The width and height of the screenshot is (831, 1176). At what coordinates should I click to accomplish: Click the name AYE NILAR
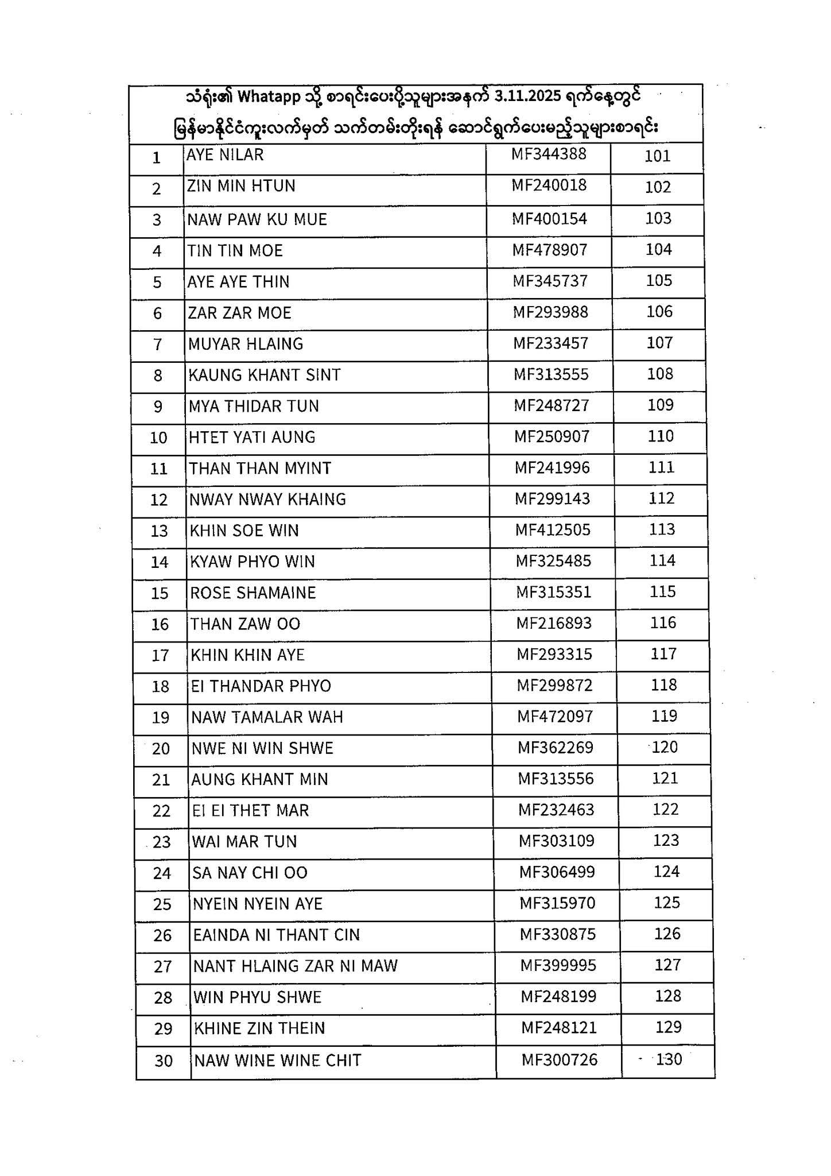coord(225,154)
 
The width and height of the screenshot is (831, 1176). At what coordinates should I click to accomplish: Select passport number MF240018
coord(549,185)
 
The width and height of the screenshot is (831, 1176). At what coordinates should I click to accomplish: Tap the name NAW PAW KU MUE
coord(257,219)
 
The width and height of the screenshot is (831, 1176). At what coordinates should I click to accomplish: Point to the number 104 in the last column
coord(658,249)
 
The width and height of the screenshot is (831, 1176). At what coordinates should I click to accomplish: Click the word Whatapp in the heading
coord(269,96)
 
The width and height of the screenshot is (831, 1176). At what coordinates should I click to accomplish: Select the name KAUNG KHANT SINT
coord(265,375)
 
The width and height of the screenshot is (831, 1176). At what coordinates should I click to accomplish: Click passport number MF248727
coord(552,405)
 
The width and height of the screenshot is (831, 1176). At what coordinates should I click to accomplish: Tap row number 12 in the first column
coord(158,500)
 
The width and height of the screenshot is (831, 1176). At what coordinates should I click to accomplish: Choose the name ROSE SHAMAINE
coord(253,593)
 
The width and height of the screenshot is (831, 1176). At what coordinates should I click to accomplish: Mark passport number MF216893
coord(554,623)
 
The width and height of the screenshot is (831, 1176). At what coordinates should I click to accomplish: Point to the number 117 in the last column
coord(664,654)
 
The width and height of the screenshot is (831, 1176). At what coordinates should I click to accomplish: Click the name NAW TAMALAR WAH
coord(267,717)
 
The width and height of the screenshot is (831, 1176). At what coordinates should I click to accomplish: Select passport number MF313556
coord(556,779)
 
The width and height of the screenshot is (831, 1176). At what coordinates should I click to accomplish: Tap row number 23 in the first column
coord(162,842)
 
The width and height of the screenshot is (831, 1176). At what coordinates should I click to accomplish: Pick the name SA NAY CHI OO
coord(250,873)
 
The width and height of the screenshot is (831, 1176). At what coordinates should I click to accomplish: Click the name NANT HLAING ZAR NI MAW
coord(295,966)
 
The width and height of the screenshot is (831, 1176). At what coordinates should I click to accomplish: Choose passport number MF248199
coord(558,996)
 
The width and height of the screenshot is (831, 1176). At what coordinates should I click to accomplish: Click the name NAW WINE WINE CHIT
coord(278,1060)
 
